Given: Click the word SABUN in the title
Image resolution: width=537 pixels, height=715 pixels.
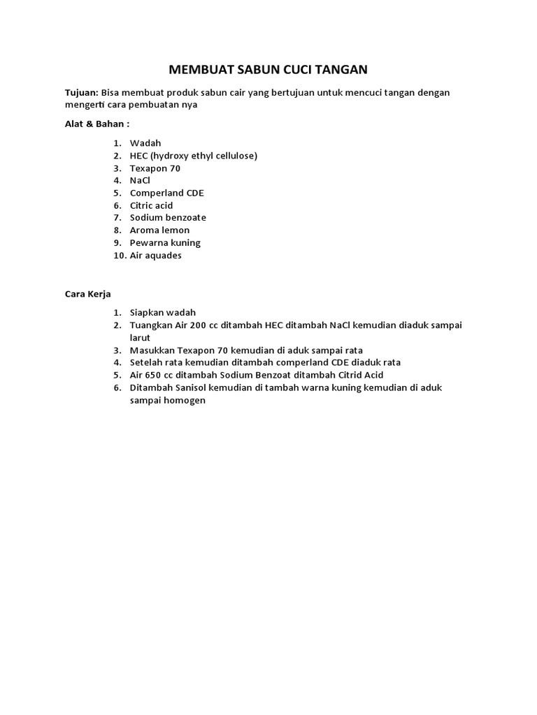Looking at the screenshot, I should point(252,69).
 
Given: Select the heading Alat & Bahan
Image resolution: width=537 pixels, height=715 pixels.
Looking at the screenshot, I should point(96,124).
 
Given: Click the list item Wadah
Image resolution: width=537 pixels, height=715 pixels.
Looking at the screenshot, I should point(145,143).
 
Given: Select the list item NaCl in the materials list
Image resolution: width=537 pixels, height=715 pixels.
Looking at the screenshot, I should point(140,180).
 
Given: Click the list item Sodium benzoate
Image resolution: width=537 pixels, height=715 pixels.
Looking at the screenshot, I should point(168,218).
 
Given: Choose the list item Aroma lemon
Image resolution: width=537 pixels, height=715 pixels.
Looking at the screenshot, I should point(159,230).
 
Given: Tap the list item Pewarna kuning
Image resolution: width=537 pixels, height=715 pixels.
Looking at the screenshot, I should point(165,243).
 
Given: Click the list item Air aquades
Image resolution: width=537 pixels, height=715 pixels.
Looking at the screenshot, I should point(155,256).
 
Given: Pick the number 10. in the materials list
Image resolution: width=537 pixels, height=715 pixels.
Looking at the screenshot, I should point(118,256).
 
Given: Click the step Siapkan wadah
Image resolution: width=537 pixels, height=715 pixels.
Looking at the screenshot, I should point(163,313).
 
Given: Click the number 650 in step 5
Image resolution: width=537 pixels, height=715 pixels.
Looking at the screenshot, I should point(156,375).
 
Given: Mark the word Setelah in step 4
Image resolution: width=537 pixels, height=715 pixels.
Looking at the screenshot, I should point(145,362).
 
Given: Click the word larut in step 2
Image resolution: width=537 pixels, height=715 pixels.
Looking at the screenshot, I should point(140,338).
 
